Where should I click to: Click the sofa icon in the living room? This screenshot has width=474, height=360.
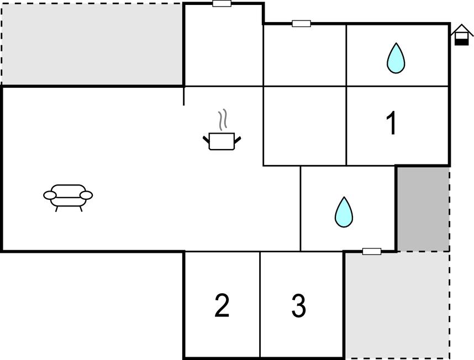(x=68, y=198)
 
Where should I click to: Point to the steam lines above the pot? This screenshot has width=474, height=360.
(x=223, y=120)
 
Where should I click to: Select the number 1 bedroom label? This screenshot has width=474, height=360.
(x=392, y=123)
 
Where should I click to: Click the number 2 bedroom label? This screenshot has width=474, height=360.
(x=222, y=305)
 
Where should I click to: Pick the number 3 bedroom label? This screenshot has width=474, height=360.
(x=299, y=306)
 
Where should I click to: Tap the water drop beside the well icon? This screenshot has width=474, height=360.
(x=396, y=58)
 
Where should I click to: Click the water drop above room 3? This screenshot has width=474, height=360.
(x=344, y=212)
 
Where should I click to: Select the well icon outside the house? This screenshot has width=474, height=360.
(x=462, y=35)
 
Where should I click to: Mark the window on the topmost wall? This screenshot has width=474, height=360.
(x=222, y=4)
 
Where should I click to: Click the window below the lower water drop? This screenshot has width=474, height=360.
(x=372, y=251)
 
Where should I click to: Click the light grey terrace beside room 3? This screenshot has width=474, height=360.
(x=397, y=305)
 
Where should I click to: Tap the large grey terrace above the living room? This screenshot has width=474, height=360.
(x=92, y=45)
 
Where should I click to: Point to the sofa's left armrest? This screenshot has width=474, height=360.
(x=50, y=195)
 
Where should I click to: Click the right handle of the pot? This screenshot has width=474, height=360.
(x=238, y=140)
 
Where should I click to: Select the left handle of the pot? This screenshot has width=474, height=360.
(x=206, y=140)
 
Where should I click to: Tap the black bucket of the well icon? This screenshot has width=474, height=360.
(x=461, y=42)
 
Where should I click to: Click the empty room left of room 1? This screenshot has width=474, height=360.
(x=305, y=126)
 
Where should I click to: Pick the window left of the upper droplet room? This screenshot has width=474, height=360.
(x=302, y=24)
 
